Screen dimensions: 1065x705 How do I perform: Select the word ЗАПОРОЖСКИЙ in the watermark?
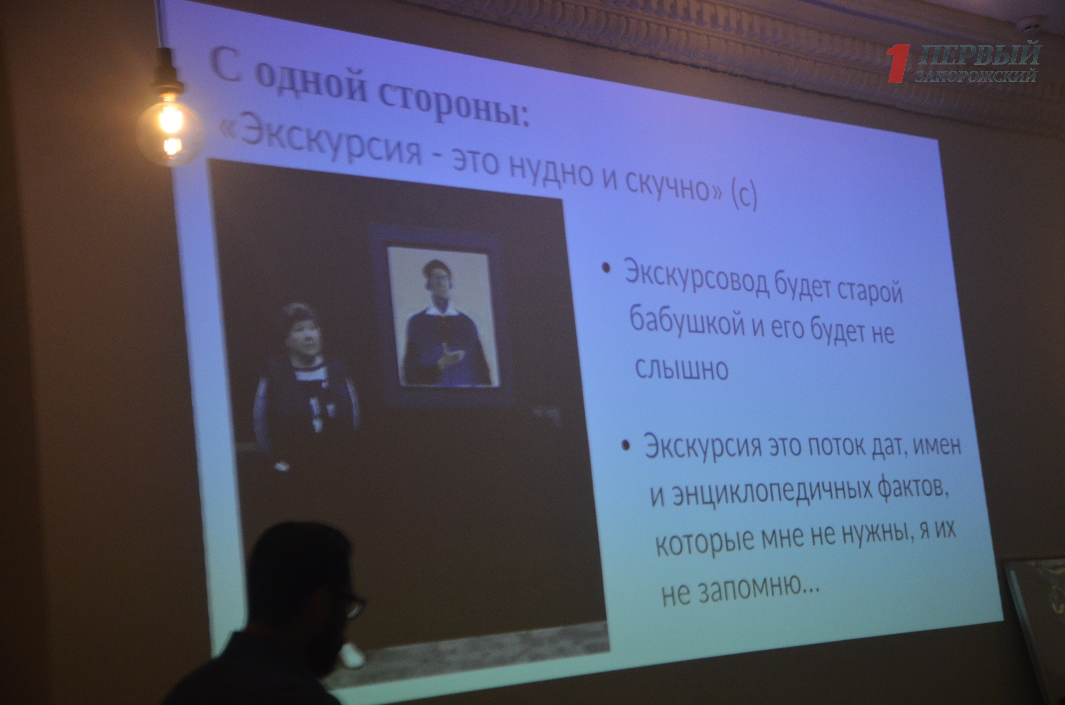point(976,77)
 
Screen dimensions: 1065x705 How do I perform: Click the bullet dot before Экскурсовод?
point(607,268)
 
